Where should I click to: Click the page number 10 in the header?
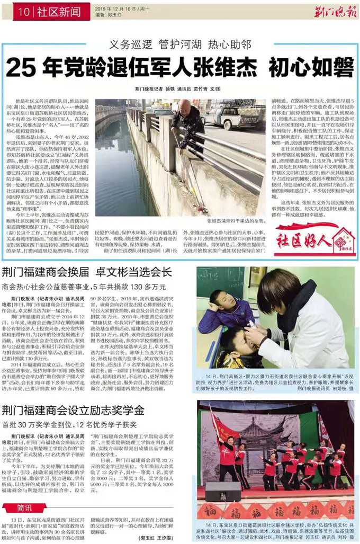pos(23,11)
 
